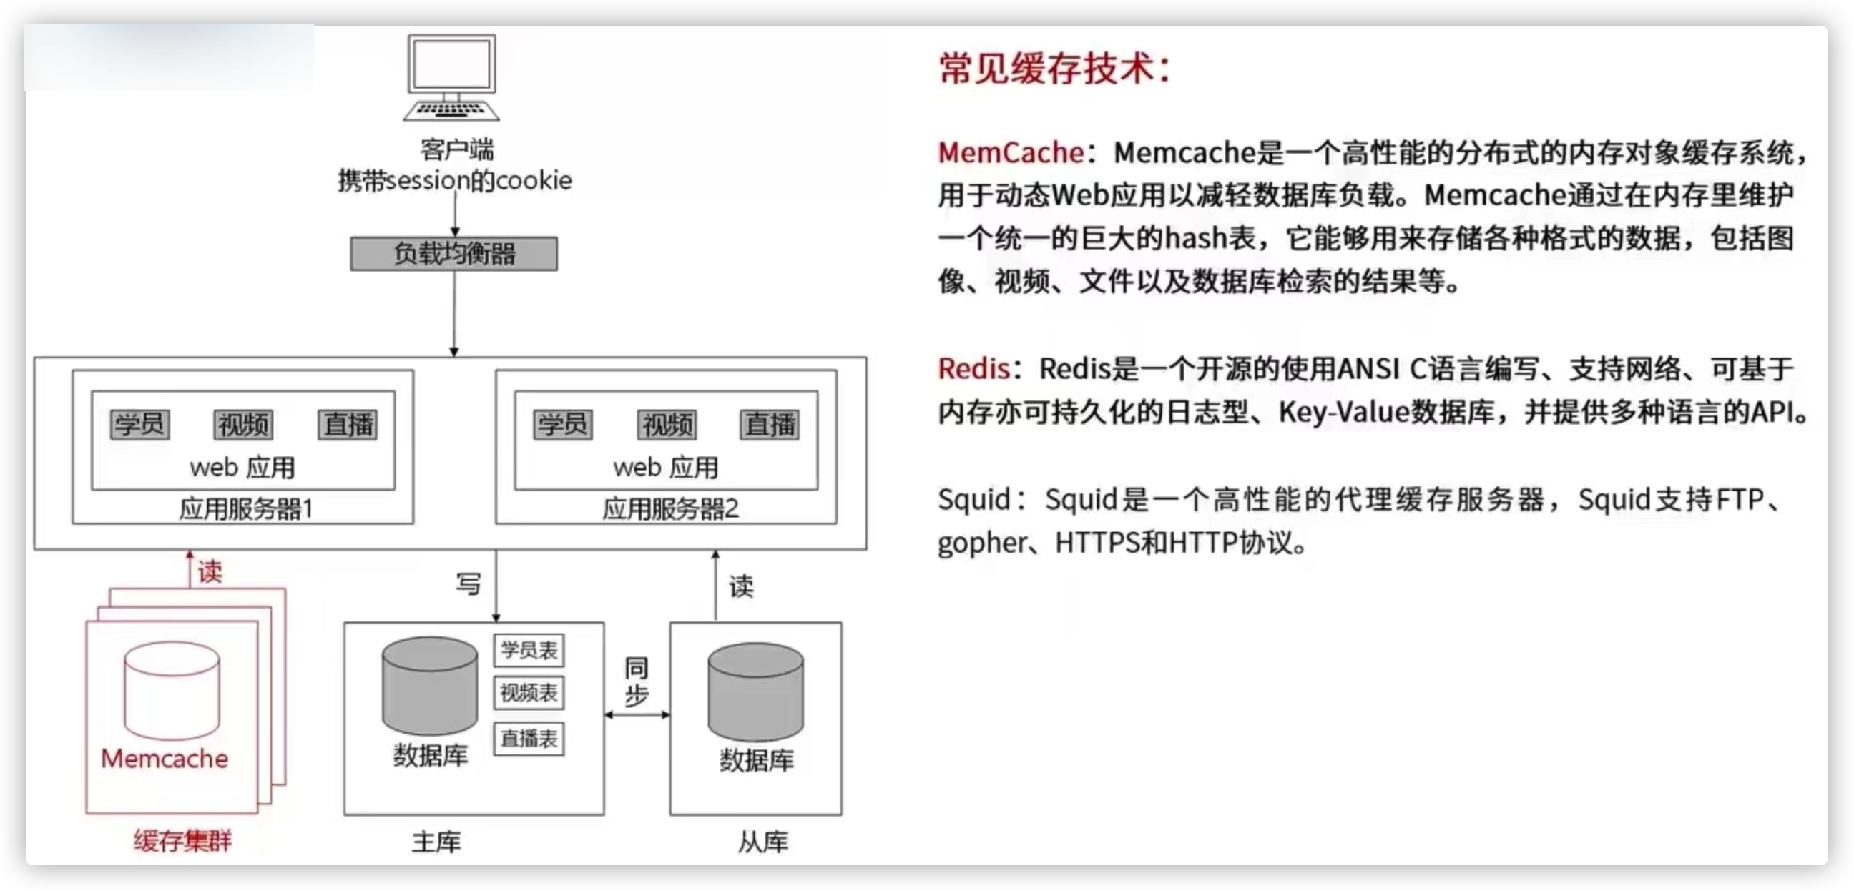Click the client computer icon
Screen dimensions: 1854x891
[451, 77]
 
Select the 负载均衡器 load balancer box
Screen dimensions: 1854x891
[454, 253]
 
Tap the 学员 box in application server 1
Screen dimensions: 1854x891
[139, 424]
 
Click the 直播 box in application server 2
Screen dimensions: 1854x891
[770, 424]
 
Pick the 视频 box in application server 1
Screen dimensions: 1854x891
[243, 424]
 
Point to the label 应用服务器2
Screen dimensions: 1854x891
[670, 508]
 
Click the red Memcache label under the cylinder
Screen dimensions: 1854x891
[164, 758]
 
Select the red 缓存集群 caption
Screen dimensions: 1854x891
[183, 840]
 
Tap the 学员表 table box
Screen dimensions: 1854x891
[529, 650]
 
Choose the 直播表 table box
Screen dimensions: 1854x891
[529, 739]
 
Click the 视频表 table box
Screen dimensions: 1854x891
[529, 693]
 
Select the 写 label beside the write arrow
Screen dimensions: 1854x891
[469, 583]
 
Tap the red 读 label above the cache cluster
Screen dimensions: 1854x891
[210, 571]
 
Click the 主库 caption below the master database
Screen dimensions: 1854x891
[436, 842]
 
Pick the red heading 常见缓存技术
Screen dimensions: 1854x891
[1055, 69]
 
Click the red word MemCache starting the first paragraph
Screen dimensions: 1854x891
[1011, 152]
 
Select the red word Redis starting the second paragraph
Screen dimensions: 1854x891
[973, 368]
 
